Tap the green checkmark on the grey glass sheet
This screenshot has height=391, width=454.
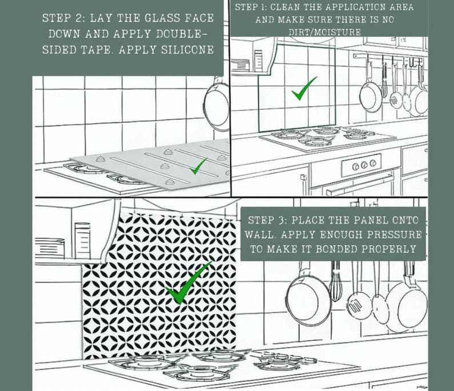click(x=198, y=167)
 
